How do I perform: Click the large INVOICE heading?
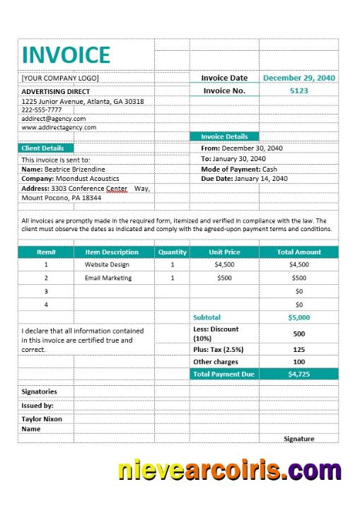pyautogui.click(x=66, y=54)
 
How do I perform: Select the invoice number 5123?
pyautogui.click(x=299, y=90)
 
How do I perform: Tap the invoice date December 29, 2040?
pyautogui.click(x=299, y=78)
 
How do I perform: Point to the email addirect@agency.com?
pyautogui.click(x=54, y=119)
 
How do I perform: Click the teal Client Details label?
pyautogui.click(x=43, y=148)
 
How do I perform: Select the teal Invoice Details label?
pyautogui.click(x=224, y=136)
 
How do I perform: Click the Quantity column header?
pyautogui.click(x=173, y=252)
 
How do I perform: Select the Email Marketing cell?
pyautogui.click(x=108, y=278)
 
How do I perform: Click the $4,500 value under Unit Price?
pyautogui.click(x=224, y=264)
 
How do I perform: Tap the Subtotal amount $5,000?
pyautogui.click(x=298, y=317)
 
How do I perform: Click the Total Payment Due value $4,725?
pyautogui.click(x=298, y=374)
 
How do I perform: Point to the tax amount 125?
pyautogui.click(x=298, y=349)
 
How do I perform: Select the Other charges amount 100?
pyautogui.click(x=298, y=362)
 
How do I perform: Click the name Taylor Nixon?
pyautogui.click(x=42, y=419)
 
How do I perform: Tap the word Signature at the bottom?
pyautogui.click(x=298, y=439)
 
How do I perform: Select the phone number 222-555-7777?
pyautogui.click(x=42, y=110)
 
